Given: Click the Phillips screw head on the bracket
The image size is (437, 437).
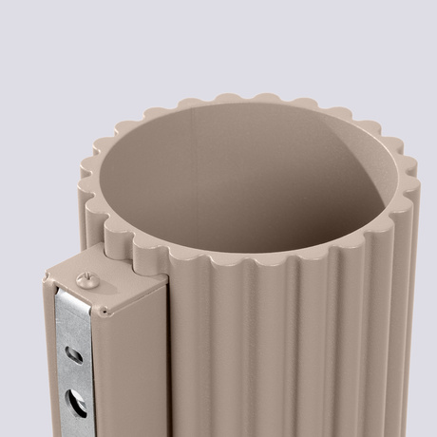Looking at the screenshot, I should click(84, 277).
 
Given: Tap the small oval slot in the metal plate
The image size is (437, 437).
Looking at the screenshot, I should click(73, 354).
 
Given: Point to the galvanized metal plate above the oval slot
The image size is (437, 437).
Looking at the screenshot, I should click(69, 323).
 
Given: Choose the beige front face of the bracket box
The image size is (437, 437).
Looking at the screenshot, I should click(133, 370).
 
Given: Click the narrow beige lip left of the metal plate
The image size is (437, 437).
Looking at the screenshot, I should click(47, 361).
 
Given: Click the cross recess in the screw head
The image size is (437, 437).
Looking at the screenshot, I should click(84, 276).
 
